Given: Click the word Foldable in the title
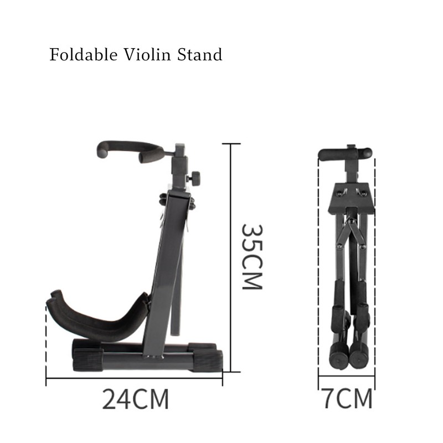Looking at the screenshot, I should pyautogui.click(x=80, y=55).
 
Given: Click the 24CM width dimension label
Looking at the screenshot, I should pyautogui.click(x=135, y=399).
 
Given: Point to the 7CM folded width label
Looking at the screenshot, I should pyautogui.click(x=347, y=399).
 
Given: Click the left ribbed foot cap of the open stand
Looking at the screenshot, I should pyautogui.click(x=86, y=354).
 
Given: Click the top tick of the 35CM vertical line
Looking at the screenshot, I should pyautogui.click(x=231, y=144).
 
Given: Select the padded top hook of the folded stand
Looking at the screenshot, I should pyautogui.click(x=346, y=153).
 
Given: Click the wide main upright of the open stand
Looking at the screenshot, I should pyautogui.click(x=166, y=266).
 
